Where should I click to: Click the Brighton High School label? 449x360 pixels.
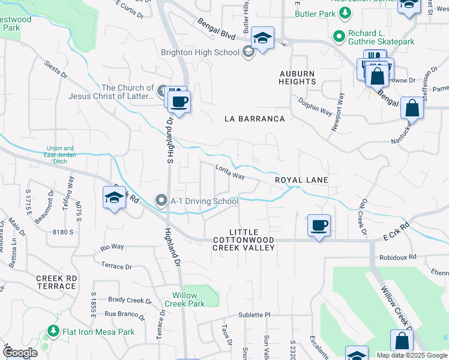point(200,52)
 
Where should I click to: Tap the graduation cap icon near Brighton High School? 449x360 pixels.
point(262,38)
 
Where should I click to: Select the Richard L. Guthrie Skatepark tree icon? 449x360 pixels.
point(339,38)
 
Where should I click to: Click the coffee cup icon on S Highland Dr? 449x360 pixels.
point(178,101)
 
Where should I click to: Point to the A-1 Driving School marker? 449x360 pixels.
point(161,201)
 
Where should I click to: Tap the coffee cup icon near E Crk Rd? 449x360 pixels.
point(318,226)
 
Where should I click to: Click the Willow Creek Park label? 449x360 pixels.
point(188,299)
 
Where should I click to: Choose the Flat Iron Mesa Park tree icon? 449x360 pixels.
point(53,331)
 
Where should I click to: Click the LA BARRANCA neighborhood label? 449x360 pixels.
point(255,119)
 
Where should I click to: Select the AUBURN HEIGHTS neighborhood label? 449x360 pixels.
point(297,77)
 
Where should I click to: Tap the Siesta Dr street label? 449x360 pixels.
point(55,70)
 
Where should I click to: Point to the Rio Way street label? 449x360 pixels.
point(112,247)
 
